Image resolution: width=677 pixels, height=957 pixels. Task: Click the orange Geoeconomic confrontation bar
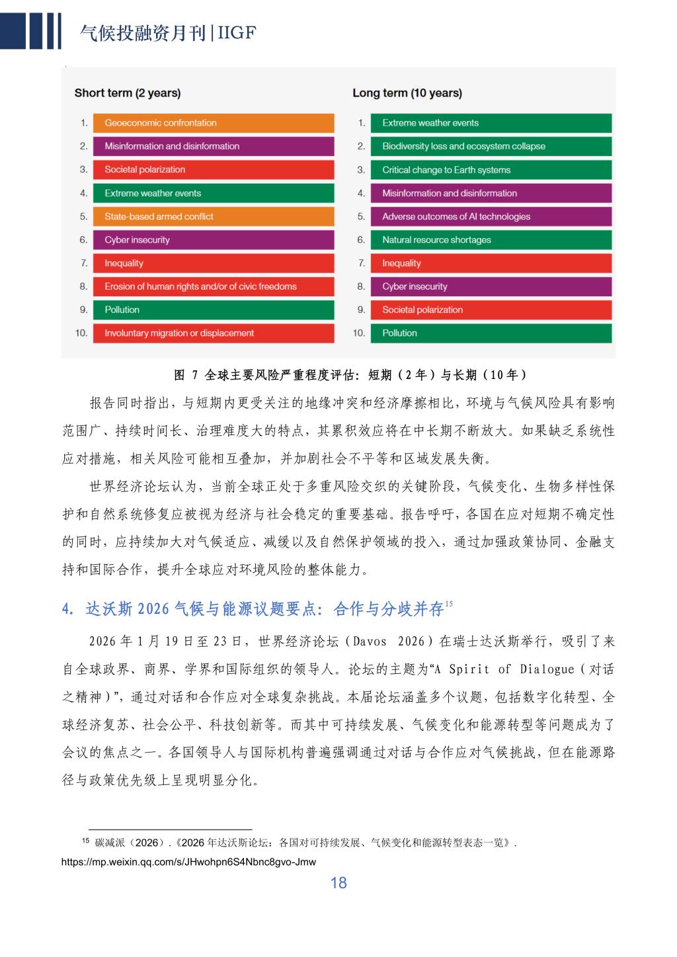click(x=213, y=123)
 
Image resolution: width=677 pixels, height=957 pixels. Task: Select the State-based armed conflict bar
click(x=213, y=216)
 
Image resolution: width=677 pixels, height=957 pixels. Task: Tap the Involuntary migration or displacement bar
click(x=213, y=333)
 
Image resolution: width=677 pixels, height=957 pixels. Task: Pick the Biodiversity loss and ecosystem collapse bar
click(x=491, y=146)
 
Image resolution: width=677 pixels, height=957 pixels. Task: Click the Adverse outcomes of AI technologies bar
click(x=491, y=216)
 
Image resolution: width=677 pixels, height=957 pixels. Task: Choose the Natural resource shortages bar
click(x=491, y=240)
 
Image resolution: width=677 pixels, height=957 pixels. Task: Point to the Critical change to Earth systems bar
click(x=491, y=170)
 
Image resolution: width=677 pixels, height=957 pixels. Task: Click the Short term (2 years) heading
click(x=128, y=93)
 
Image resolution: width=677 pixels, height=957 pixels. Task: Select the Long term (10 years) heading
click(x=407, y=93)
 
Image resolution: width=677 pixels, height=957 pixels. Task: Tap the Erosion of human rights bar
click(x=213, y=286)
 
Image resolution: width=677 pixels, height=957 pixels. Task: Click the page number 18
click(x=338, y=883)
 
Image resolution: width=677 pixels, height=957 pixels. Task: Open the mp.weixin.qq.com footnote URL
click(x=188, y=862)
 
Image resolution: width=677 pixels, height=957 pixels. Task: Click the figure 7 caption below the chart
click(x=350, y=375)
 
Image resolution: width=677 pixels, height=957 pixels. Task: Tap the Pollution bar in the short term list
click(x=213, y=310)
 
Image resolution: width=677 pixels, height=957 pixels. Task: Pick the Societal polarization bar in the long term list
click(x=491, y=310)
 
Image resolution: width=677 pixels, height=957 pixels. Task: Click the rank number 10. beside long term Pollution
click(x=359, y=333)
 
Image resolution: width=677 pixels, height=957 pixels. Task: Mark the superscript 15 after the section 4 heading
click(x=449, y=604)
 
